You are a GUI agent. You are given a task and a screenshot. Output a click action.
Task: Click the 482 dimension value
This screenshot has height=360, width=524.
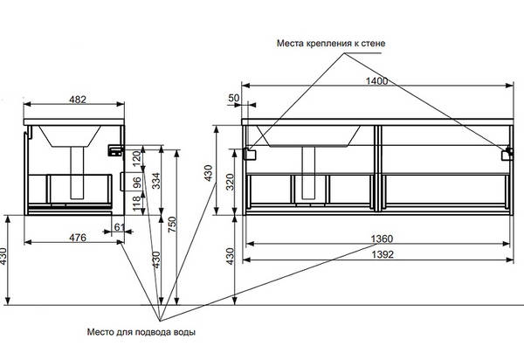pyautogui.click(x=77, y=100)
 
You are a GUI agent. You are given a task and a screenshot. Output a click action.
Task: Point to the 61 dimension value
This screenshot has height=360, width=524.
pyautogui.click(x=119, y=229)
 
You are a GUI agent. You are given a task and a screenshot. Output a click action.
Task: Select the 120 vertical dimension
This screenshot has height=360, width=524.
pyautogui.click(x=137, y=160)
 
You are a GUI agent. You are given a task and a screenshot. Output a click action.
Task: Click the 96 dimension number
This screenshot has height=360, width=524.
pyautogui.click(x=137, y=183)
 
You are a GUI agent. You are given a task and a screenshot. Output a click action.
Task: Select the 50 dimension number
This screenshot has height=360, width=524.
pyautogui.click(x=233, y=99)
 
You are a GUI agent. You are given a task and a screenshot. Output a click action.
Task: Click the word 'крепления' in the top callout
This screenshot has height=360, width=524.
pyautogui.click(x=327, y=42)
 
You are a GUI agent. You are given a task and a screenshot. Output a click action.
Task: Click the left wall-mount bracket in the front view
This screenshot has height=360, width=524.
pyautogui.click(x=251, y=154)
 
